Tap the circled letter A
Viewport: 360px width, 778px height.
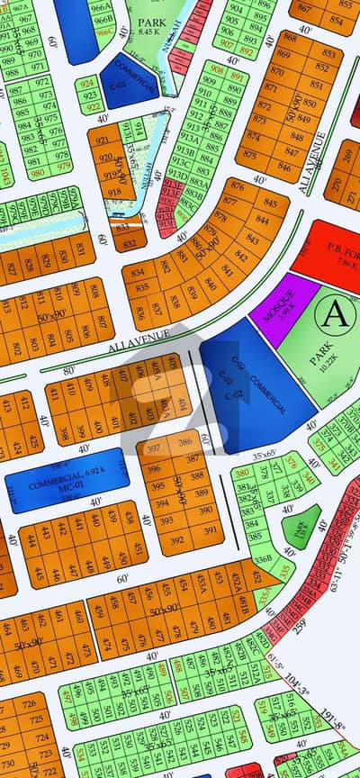click(x=334, y=313)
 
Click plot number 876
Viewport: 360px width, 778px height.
click(x=237, y=185)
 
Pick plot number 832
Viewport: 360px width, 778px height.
click(x=129, y=244)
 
